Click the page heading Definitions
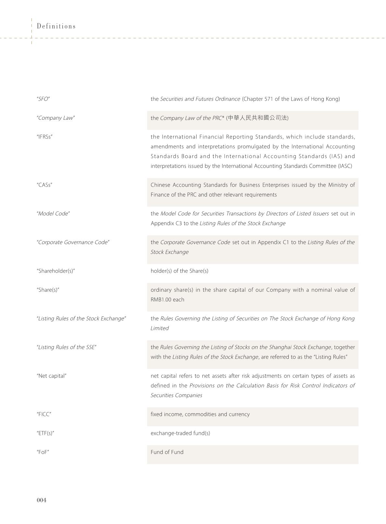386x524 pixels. pyautogui.click(x=56, y=26)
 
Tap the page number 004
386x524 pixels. pyautogui.click(x=42, y=500)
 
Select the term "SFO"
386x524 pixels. pyautogui.click(x=43, y=99)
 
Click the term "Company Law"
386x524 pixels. pyautogui.click(x=56, y=118)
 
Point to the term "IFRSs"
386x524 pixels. pyautogui.click(x=45, y=137)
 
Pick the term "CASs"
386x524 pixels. pyautogui.click(x=44, y=185)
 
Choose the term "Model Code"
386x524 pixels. pyautogui.click(x=53, y=213)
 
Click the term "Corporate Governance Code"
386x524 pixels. pyautogui.click(x=73, y=242)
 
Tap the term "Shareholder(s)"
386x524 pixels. pyautogui.click(x=56, y=271)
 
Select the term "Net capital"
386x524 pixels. pyautogui.click(x=52, y=376)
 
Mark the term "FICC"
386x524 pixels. pyautogui.click(x=44, y=414)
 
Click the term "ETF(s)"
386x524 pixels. pyautogui.click(x=45, y=433)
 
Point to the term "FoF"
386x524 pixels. pyautogui.click(x=43, y=452)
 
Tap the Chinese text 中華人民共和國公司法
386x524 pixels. pyautogui.click(x=258, y=118)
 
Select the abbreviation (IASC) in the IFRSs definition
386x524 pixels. pyautogui.click(x=345, y=166)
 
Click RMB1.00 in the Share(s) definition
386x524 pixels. pyautogui.click(x=161, y=299)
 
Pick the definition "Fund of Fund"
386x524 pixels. pyautogui.click(x=167, y=452)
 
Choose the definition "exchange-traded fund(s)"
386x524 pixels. pyautogui.click(x=180, y=433)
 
